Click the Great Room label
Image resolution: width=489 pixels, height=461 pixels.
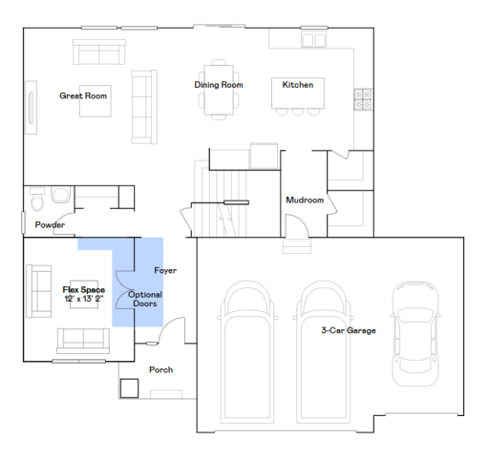[82, 95]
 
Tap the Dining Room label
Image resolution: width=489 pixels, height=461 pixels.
[219, 85]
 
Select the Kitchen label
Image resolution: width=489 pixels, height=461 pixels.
[297, 85]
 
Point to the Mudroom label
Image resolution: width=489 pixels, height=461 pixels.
[305, 200]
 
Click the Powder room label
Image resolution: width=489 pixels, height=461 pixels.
[50, 225]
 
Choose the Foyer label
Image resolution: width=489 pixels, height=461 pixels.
[164, 271]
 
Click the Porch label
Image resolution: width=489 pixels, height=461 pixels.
[160, 369]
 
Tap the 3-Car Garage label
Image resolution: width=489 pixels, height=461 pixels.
[348, 330]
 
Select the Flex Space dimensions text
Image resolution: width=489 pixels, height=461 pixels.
[84, 299]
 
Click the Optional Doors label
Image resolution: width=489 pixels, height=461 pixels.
[145, 300]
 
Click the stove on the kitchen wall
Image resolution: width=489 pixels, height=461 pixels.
[363, 97]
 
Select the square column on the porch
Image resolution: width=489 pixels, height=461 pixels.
[128, 388]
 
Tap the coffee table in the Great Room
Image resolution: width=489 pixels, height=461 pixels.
[94, 103]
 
